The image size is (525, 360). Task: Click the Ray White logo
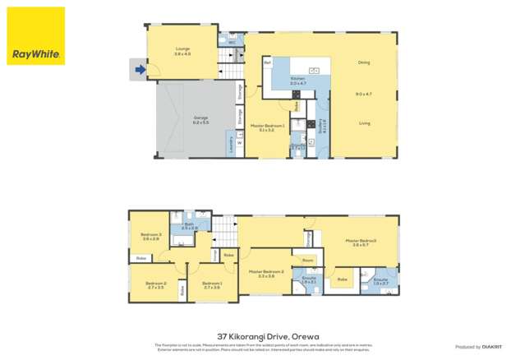(x=36, y=36)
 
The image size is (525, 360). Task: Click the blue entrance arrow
(x=140, y=70)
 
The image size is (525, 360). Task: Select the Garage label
(x=200, y=118)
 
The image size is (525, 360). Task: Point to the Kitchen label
(x=297, y=80)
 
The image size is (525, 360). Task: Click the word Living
(x=364, y=123)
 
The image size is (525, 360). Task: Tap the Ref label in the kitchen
(x=268, y=63)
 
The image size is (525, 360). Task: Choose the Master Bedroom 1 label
(x=272, y=127)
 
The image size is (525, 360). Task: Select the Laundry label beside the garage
(x=229, y=145)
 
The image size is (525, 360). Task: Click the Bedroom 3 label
(x=150, y=236)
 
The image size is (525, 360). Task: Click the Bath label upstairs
(x=190, y=224)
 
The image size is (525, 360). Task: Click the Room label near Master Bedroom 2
(x=308, y=261)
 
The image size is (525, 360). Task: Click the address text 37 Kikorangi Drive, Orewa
(x=262, y=335)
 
